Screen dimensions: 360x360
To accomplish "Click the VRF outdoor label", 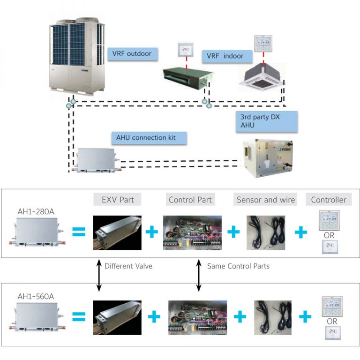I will tap(131, 53).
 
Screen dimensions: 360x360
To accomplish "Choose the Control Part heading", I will tap(190, 200).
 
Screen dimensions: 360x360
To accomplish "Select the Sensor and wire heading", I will tap(266, 200).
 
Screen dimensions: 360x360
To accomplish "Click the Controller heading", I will tap(329, 200).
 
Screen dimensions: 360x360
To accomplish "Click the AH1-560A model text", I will tap(36, 297).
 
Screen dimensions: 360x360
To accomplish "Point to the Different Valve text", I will tap(128, 265).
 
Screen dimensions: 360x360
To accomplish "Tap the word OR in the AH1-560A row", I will tap(332, 322).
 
